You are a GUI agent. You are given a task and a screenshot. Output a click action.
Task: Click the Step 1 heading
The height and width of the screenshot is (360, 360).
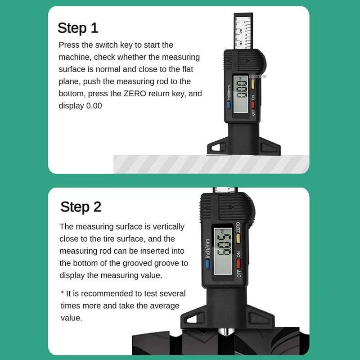pyautogui.click(x=78, y=28)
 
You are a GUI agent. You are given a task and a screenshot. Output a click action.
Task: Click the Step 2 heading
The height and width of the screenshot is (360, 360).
pyautogui.click(x=81, y=207)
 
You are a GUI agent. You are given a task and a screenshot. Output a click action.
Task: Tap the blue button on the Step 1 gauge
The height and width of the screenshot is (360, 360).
pyautogui.click(x=229, y=105)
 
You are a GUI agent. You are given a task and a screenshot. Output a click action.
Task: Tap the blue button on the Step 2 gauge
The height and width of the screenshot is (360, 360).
pyautogui.click(x=207, y=264)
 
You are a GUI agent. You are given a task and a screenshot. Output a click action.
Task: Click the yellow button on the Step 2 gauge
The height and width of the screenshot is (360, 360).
pyautogui.click(x=238, y=238)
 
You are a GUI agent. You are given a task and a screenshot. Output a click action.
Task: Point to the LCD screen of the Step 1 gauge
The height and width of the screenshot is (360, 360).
pyautogui.click(x=241, y=94)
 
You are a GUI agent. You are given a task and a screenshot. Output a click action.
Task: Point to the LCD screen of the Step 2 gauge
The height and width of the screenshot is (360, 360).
pyautogui.click(x=223, y=251)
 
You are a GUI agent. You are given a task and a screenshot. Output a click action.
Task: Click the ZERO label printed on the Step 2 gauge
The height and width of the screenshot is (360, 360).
pyautogui.click(x=238, y=227)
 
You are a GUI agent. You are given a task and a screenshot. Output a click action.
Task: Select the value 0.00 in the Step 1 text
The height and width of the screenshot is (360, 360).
pyautogui.click(x=94, y=106)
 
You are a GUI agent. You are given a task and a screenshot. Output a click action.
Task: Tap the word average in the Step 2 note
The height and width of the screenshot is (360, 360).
pyautogui.click(x=164, y=306)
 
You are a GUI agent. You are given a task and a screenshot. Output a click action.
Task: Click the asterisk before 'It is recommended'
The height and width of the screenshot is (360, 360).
pyautogui.click(x=62, y=293)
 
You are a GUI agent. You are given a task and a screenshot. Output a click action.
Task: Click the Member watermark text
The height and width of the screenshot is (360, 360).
pyautogui.click(x=258, y=76)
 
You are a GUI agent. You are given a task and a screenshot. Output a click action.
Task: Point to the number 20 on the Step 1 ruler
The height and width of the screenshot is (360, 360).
pyautogui.click(x=241, y=31)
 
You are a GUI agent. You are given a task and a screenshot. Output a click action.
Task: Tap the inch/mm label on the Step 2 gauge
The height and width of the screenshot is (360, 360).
pyautogui.click(x=207, y=248)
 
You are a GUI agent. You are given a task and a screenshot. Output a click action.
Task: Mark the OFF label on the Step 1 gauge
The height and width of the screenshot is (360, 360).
pyautogui.click(x=253, y=112)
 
